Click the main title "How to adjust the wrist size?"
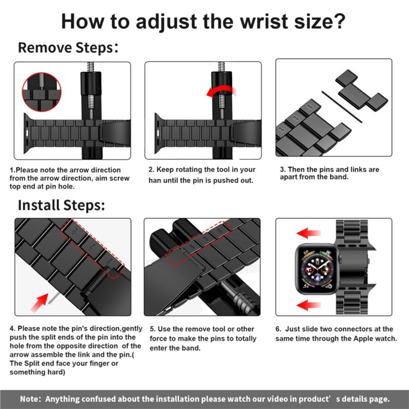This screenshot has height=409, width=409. pos(203,21)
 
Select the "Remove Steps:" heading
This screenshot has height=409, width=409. pos(68,48)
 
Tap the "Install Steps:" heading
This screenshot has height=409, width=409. pos(61,205)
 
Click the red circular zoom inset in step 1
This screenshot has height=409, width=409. pos(42,92)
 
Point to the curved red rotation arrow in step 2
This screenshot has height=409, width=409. pos(220,91)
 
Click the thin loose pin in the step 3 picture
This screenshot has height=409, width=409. pos(342,107)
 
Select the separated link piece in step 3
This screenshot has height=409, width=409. pos(361,90)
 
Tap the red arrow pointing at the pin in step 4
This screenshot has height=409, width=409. pos(40,302)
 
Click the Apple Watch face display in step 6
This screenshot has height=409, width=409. pos(317,268)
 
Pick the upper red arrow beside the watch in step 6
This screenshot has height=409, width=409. pos(308,233)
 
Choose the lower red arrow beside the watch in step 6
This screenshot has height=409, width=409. pos(308,305)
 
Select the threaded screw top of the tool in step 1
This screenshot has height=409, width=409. pos(91,67)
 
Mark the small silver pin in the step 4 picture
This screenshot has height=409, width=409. pos(53,299)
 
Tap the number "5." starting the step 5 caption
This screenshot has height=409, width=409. pos(153,329)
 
